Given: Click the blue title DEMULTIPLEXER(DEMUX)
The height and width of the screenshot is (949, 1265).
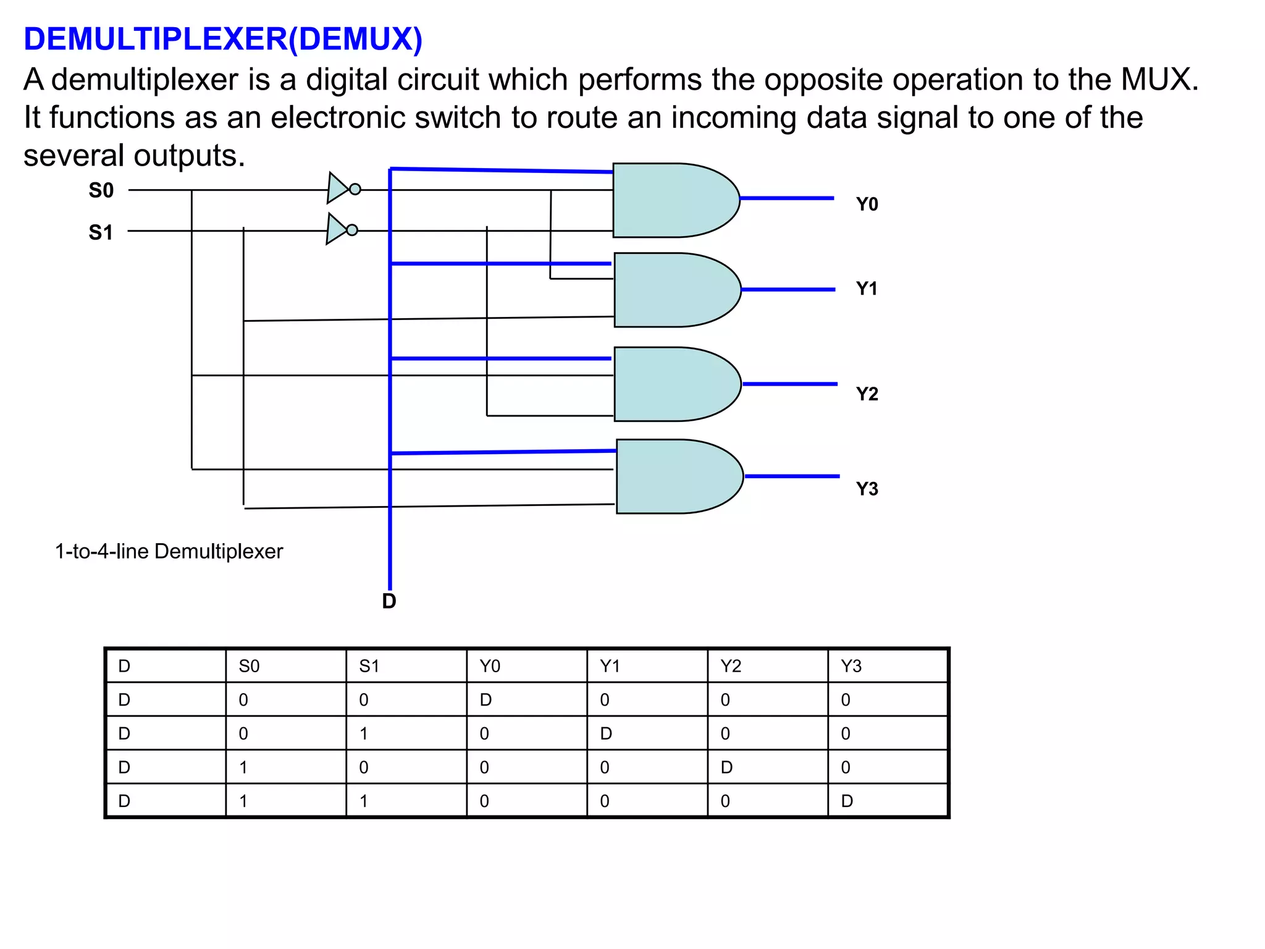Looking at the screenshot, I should point(223,39).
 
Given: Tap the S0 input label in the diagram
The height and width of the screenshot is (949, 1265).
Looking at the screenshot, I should point(101,190).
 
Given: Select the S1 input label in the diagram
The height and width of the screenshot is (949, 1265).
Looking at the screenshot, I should point(101,232).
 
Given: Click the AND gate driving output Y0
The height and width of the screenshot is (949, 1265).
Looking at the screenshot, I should point(673,200).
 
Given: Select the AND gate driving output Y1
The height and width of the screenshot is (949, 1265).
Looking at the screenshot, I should point(675,290).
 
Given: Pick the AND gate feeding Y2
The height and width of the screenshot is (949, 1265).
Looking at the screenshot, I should point(675,384).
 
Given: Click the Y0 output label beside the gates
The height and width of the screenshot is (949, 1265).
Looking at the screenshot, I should point(867,205).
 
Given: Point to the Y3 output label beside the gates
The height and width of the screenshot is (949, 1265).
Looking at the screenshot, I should point(867,489).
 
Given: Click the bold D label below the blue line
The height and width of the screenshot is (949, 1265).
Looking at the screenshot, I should point(389,601).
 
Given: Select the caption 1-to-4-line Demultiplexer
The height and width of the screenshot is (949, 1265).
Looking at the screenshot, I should point(169,551).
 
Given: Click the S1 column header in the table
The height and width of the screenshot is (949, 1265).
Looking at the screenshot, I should point(369,666).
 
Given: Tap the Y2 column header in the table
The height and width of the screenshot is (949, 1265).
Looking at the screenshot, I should point(730,666).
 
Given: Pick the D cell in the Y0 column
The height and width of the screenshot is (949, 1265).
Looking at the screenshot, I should point(486,700).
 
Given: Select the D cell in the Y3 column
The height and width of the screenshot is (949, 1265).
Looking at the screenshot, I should point(847,801).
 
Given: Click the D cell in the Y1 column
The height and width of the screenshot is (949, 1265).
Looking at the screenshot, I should point(606,734).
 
